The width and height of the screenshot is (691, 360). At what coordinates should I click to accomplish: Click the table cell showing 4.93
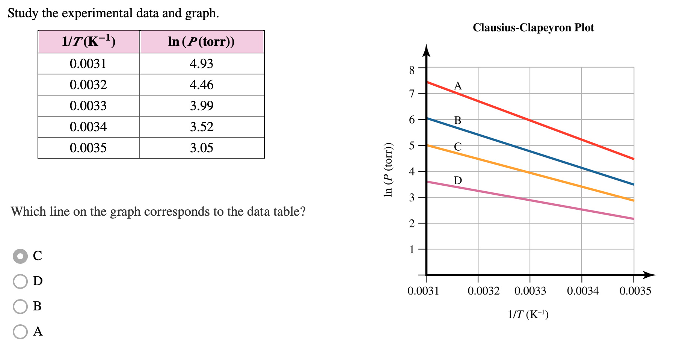tap(201, 64)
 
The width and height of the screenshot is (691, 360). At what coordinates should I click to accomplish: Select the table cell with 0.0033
tap(88, 106)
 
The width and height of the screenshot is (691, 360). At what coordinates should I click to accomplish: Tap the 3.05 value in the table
tap(201, 148)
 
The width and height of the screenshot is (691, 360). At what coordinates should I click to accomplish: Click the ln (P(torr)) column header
tap(201, 41)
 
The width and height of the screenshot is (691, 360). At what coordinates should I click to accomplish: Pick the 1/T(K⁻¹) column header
tap(88, 41)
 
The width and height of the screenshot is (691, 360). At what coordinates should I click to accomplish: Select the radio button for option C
tap(20, 256)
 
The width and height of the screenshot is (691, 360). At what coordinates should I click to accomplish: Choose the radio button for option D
tap(20, 281)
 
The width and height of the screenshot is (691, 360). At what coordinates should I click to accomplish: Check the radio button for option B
tap(20, 306)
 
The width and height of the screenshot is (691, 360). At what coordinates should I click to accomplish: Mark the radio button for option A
tap(20, 331)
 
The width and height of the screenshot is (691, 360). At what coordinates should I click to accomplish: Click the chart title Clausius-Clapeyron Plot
tap(533, 28)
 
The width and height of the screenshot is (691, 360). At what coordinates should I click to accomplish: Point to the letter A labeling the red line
tap(457, 86)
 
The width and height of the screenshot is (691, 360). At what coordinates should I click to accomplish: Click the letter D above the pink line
tap(457, 180)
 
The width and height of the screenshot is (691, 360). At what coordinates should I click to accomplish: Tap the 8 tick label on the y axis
tap(412, 70)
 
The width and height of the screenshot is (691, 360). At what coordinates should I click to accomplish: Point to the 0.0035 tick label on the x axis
tap(635, 291)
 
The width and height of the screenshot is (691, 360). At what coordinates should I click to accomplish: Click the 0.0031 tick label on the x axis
tap(423, 291)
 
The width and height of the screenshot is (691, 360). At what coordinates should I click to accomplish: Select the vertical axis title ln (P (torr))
tap(388, 170)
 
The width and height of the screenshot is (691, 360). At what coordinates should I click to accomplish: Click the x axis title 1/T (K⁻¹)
tap(528, 314)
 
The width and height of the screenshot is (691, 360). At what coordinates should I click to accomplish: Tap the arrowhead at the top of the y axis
tap(426, 50)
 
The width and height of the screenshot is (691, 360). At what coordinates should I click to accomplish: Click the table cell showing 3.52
tap(201, 127)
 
